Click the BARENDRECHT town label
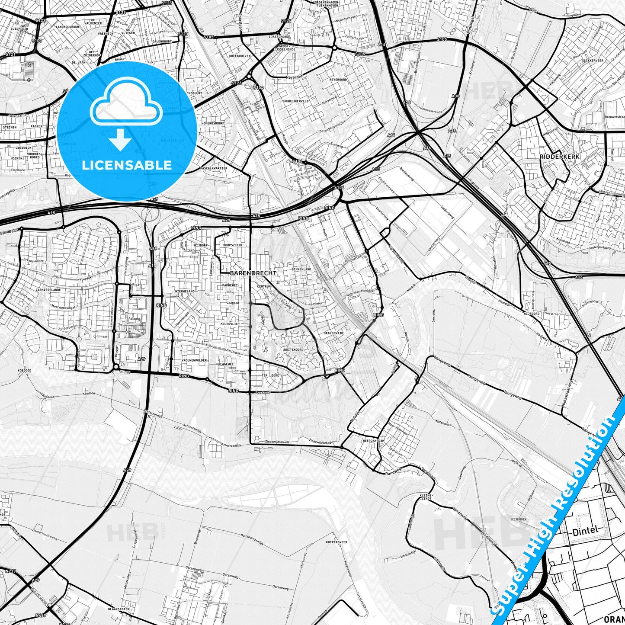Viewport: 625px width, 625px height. point(253,273)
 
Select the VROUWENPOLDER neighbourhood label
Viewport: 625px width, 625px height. point(195,360)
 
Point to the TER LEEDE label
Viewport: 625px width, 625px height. point(270,375)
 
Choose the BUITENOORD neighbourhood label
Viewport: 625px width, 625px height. point(293,349)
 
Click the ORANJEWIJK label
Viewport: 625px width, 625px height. point(333,333)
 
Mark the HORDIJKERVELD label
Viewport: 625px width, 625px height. point(296,101)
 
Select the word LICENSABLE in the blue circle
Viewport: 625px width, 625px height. point(126,165)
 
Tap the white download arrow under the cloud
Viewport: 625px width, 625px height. point(121,141)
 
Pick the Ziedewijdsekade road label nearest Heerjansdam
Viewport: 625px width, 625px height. point(321,442)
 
